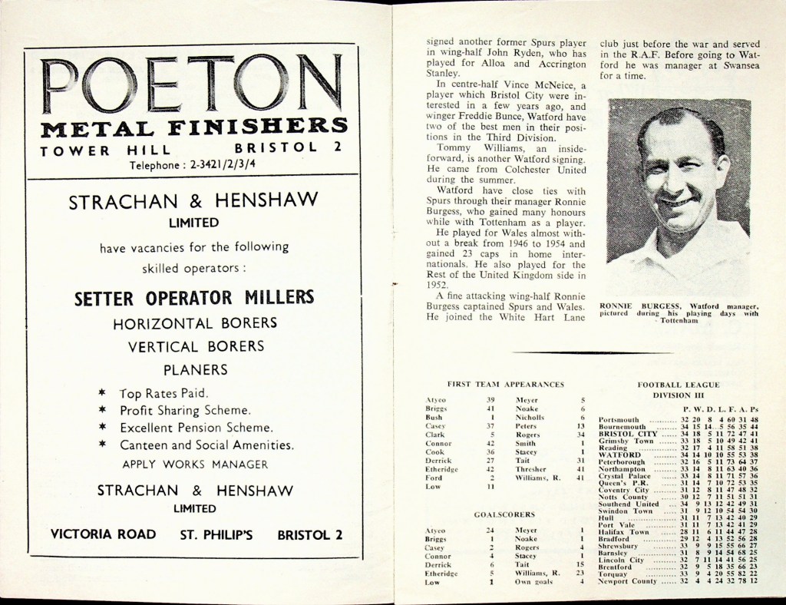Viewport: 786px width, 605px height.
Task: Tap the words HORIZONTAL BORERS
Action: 194,323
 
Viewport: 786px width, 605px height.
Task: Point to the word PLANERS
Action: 195,369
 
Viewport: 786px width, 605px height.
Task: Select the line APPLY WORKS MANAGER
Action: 195,464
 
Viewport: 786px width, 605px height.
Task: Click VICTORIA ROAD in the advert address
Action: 103,534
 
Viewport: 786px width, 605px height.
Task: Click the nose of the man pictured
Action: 674,182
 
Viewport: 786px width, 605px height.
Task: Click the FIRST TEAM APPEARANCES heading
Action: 505,383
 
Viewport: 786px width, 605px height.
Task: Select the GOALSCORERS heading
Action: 505,514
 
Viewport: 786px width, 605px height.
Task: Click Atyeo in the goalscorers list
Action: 435,531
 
